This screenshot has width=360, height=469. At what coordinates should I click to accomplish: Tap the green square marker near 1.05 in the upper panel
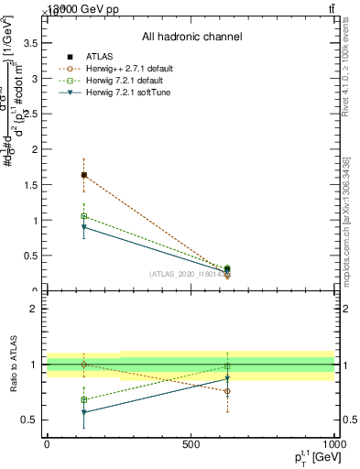tap(84, 216)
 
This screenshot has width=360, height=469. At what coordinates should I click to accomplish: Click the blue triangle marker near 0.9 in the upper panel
tap(84, 227)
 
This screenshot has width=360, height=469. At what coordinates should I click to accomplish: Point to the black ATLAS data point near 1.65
tap(84, 174)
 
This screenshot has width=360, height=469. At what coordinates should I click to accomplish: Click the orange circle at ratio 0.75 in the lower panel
tap(227, 391)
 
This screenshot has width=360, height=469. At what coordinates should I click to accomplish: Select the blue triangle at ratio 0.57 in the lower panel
tap(84, 412)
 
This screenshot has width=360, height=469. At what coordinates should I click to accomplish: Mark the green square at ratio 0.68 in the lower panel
tap(84, 399)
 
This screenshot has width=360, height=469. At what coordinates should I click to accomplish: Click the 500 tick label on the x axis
tap(191, 444)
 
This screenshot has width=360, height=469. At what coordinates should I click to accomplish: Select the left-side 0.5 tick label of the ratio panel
tap(31, 420)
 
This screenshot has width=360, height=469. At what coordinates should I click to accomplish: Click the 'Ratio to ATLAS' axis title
tap(14, 366)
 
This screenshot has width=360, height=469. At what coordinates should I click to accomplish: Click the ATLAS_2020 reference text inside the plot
tap(188, 274)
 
